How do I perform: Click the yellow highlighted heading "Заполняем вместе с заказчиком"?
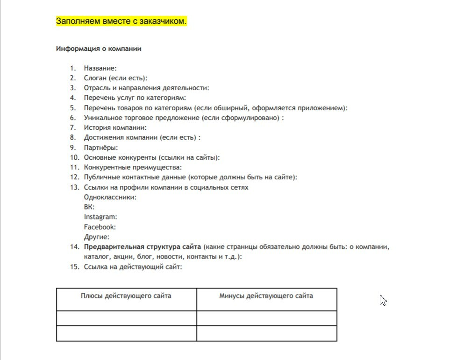pyautogui.click(x=121, y=21)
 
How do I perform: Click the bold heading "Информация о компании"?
pyautogui.click(x=99, y=49)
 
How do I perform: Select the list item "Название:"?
pyautogui.click(x=100, y=68)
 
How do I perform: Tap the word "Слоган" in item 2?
pyautogui.click(x=95, y=78)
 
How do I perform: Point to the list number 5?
pyautogui.click(x=73, y=108)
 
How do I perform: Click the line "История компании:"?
pyautogui.click(x=115, y=127)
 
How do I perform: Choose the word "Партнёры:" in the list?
pyautogui.click(x=101, y=148)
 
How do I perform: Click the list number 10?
pyautogui.click(x=74, y=157)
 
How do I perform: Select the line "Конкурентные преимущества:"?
pyautogui.click(x=133, y=167)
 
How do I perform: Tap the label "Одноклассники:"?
pyautogui.click(x=110, y=197)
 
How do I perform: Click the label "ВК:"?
pyautogui.click(x=89, y=207)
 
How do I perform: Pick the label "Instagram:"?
pyautogui.click(x=100, y=217)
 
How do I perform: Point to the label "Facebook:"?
pyautogui.click(x=100, y=227)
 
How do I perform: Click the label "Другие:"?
pyautogui.click(x=97, y=237)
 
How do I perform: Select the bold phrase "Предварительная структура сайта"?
pyautogui.click(x=143, y=247)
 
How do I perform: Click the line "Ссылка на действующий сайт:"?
pyautogui.click(x=133, y=267)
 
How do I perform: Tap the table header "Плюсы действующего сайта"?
pyautogui.click(x=126, y=296)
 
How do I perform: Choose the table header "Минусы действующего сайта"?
pyautogui.click(x=266, y=296)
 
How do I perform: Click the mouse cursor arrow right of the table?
pyautogui.click(x=382, y=299)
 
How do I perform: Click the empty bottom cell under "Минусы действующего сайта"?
pyautogui.click(x=266, y=333)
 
